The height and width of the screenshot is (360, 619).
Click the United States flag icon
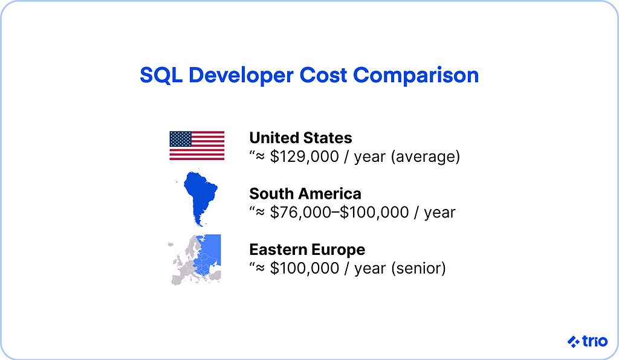[x=196, y=146]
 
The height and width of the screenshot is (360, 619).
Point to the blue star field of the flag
[x=180, y=139]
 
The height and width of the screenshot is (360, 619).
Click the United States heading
[x=300, y=138]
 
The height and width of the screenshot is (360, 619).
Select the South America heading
[x=305, y=193]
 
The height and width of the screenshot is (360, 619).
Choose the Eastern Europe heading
[x=307, y=249]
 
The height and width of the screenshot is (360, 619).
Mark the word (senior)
[x=418, y=268]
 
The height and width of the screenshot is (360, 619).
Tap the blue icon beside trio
[x=573, y=342]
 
